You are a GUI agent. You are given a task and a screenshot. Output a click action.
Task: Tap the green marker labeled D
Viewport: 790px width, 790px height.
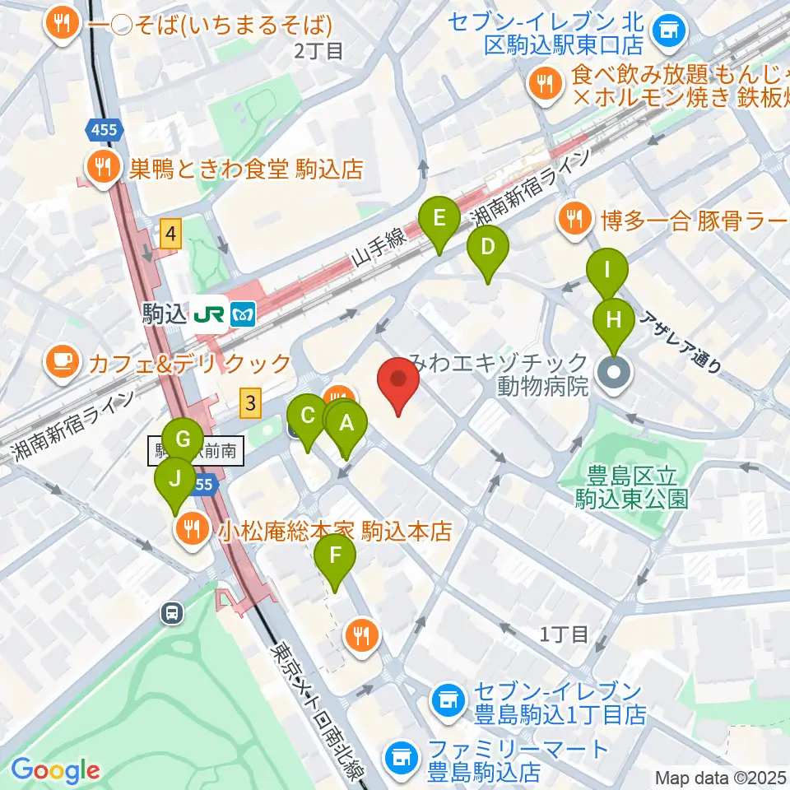coord(487,248)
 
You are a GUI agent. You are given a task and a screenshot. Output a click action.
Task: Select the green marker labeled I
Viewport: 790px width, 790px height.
coord(607,269)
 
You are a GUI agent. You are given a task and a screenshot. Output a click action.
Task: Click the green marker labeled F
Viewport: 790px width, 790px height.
coord(335,555)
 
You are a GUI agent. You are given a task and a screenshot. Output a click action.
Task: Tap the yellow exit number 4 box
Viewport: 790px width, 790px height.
coord(170,235)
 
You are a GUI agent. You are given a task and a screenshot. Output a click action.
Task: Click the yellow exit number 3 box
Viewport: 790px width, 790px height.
coord(251,403)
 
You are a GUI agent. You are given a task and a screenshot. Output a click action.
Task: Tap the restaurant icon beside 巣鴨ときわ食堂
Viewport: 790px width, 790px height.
coord(103,169)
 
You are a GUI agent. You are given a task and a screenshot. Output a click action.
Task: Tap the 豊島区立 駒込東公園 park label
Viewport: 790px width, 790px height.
coord(636,486)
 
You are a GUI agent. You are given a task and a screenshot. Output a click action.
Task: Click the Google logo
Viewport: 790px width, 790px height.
coord(56,770)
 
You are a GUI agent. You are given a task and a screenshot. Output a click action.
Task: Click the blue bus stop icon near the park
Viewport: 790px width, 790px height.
coord(173,612)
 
